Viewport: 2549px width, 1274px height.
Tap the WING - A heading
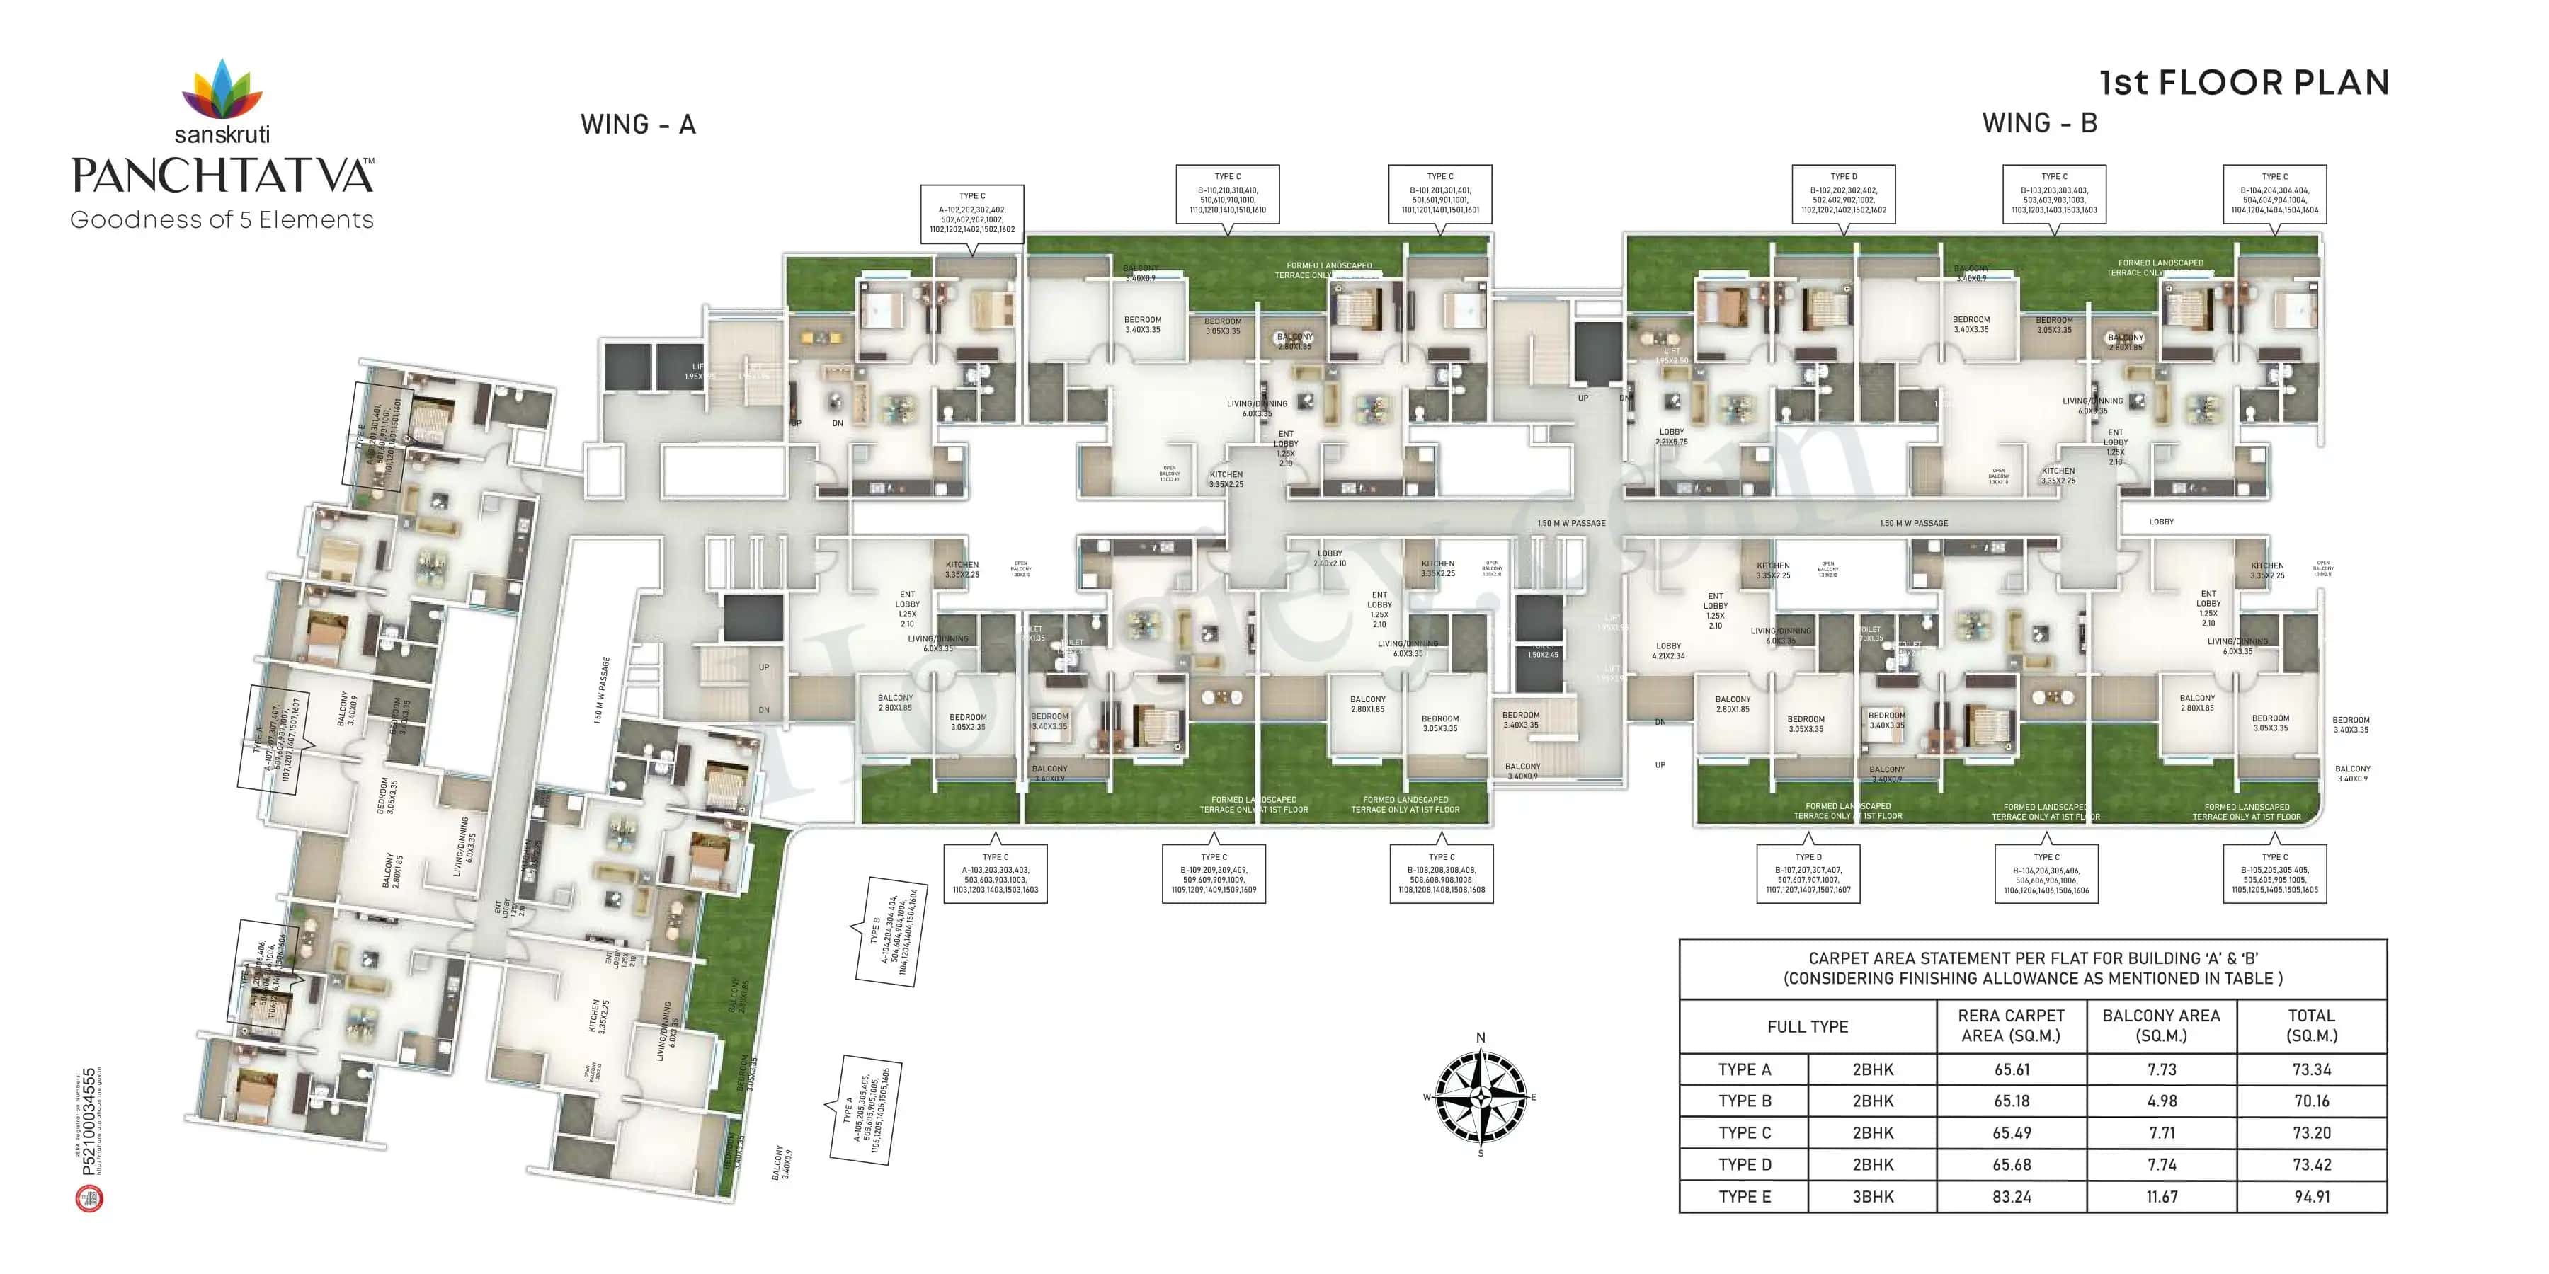(x=637, y=125)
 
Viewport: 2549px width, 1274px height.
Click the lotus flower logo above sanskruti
(x=222, y=89)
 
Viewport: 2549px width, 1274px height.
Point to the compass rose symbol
(x=1481, y=1096)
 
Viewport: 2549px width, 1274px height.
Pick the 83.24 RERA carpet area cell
(x=2011, y=1196)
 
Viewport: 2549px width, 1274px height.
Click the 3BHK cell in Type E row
(x=1872, y=1196)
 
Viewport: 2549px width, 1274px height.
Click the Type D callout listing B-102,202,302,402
(x=1844, y=194)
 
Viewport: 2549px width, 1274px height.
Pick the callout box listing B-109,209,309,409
(x=1213, y=873)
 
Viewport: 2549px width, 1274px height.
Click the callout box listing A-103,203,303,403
(x=995, y=873)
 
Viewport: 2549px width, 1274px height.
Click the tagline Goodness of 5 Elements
(x=222, y=219)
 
